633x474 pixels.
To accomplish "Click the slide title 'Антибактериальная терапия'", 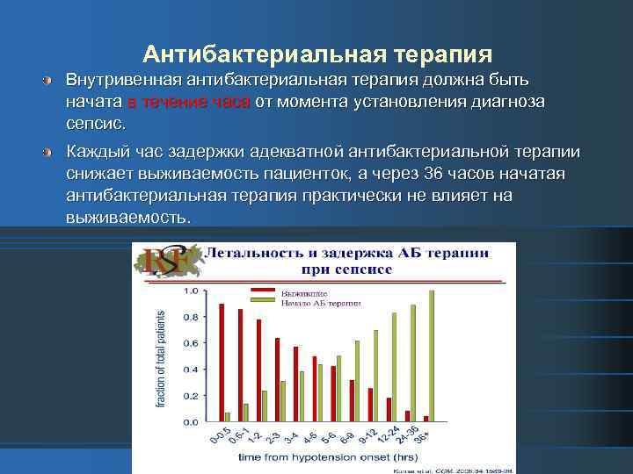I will [316, 55].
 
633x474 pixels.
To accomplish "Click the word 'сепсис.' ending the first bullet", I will [96, 123].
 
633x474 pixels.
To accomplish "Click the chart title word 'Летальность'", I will [251, 253].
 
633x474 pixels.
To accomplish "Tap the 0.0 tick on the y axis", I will [190, 422].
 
